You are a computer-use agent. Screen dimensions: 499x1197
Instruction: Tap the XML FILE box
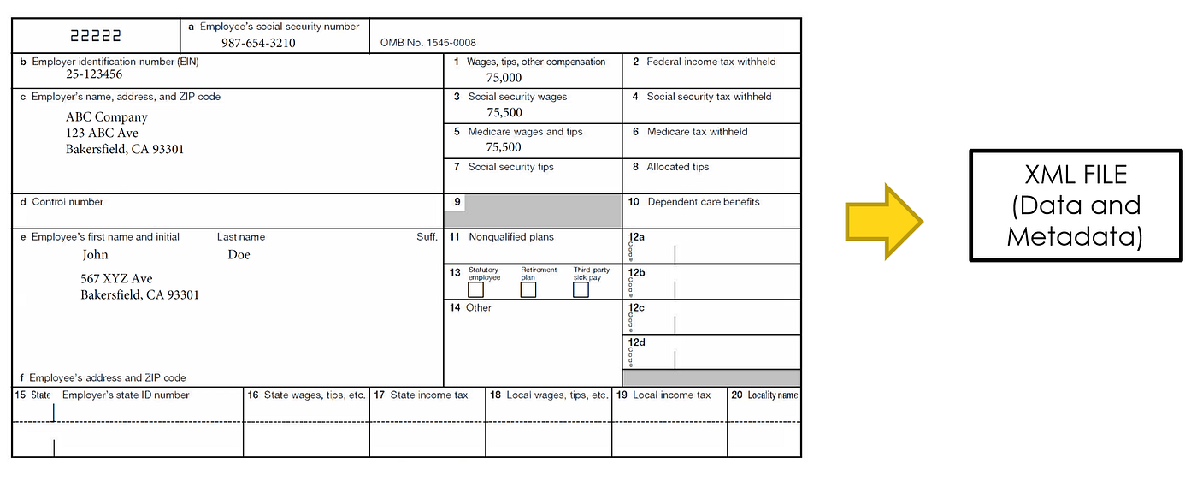coord(1075,205)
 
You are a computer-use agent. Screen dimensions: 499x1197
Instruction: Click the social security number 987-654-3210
coord(258,43)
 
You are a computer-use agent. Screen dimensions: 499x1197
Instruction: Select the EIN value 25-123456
coord(94,75)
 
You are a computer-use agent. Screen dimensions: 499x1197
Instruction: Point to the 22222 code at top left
coord(96,36)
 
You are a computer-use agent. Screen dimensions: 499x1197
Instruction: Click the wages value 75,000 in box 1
coord(504,78)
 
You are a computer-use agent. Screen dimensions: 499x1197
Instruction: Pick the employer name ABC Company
coord(107,117)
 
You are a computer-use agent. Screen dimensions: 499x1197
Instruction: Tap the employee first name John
coord(95,254)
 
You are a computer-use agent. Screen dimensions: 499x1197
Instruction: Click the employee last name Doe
coord(239,254)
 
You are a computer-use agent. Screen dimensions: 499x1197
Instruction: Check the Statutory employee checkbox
coord(475,290)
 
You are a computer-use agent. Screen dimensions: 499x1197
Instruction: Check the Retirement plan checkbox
coord(528,290)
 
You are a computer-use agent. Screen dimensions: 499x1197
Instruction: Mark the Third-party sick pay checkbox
coord(581,290)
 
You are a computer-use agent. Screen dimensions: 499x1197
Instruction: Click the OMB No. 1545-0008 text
coord(428,43)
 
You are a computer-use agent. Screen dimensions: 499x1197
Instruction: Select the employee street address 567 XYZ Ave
coord(117,279)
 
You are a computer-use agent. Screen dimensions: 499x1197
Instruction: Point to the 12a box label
coord(636,235)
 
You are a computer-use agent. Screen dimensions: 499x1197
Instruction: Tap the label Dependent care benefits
coord(703,202)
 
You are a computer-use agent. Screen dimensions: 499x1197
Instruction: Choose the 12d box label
coord(636,342)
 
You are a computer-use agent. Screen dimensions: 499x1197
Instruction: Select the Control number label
coord(68,202)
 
